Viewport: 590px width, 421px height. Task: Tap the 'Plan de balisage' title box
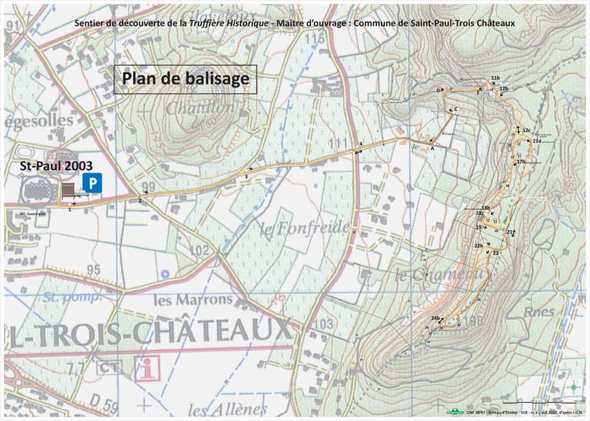click(x=186, y=79)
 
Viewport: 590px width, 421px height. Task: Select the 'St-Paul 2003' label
click(x=56, y=166)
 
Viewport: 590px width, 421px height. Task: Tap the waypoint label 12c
click(x=526, y=130)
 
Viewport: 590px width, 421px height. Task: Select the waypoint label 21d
click(x=537, y=140)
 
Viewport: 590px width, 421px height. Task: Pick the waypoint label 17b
click(x=521, y=161)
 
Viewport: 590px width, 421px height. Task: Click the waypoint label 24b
click(x=435, y=318)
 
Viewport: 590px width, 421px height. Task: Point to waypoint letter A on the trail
click(x=432, y=148)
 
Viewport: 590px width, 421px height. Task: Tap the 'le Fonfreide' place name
click(x=294, y=230)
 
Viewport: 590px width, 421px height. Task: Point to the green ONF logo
click(x=452, y=412)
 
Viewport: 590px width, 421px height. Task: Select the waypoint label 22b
click(x=479, y=245)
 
